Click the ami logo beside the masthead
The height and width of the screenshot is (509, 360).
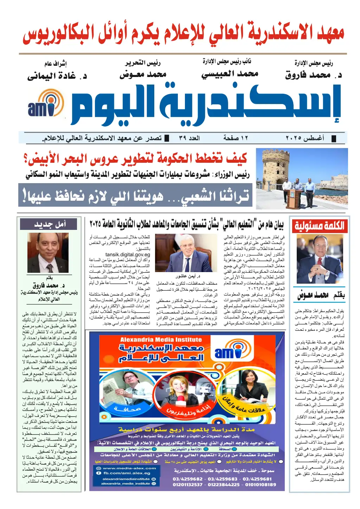pyautogui.click(x=46, y=104)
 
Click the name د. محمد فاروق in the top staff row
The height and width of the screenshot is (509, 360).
pyautogui.click(x=313, y=75)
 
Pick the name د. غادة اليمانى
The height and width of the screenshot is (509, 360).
pyautogui.click(x=57, y=76)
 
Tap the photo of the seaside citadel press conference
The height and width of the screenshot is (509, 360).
pyautogui.click(x=302, y=179)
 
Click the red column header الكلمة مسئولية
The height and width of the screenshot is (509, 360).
pyautogui.click(x=319, y=226)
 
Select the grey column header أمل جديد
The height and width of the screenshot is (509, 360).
pyautogui.click(x=49, y=224)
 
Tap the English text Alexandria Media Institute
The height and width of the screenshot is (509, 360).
pyautogui.click(x=161, y=340)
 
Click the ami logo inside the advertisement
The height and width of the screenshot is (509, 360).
pyautogui.click(x=229, y=353)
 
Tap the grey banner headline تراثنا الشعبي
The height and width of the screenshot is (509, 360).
pyautogui.click(x=135, y=195)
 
